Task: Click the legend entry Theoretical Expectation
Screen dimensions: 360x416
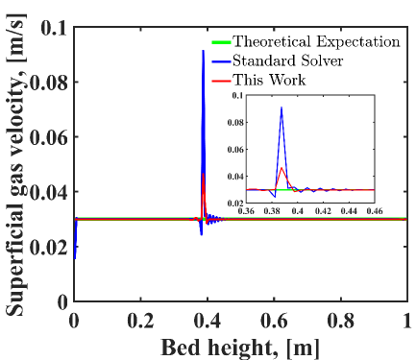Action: (x=316, y=41)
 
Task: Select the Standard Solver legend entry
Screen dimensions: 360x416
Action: (x=291, y=60)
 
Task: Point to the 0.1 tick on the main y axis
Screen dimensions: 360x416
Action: (x=54, y=29)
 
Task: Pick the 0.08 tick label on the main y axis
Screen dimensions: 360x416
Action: (x=48, y=84)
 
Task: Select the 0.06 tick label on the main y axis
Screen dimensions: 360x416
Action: (x=48, y=137)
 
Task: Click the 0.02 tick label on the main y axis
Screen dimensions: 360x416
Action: (x=48, y=247)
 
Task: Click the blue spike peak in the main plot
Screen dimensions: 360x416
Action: (x=202, y=51)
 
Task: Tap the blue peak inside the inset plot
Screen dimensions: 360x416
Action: (x=281, y=108)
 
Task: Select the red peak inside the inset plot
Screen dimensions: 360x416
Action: (x=281, y=167)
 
